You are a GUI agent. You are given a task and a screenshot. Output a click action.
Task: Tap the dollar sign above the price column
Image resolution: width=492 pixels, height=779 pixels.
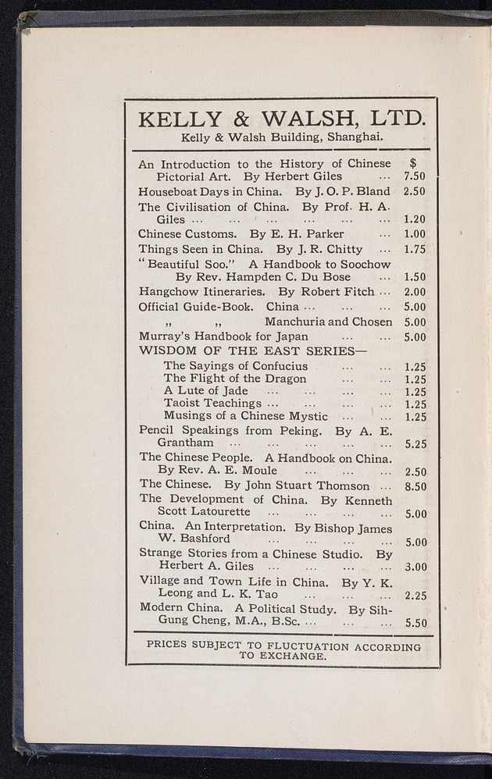(413, 163)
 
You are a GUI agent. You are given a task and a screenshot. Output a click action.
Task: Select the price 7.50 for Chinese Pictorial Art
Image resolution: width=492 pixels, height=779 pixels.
(414, 177)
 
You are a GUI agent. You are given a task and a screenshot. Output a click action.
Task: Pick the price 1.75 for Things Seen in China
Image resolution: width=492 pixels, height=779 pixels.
(415, 250)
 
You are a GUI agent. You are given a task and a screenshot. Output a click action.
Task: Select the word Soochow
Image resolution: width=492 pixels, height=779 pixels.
(365, 264)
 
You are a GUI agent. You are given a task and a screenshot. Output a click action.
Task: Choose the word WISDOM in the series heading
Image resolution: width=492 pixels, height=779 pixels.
(166, 350)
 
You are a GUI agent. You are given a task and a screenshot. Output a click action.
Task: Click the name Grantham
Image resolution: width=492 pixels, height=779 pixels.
(186, 443)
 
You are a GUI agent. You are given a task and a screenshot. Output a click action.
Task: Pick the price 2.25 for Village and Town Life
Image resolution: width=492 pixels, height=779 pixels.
(415, 596)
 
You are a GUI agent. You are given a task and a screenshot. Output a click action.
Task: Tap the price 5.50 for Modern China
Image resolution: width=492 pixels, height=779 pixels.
(415, 623)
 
